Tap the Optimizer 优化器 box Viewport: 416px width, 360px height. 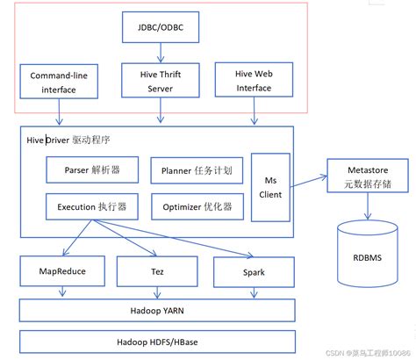coord(197,207)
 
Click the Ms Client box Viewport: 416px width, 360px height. coord(271,187)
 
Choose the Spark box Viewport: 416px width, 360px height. coord(254,272)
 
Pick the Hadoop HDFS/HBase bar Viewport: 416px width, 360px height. coord(158,341)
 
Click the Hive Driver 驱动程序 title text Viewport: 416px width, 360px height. coord(75,140)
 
